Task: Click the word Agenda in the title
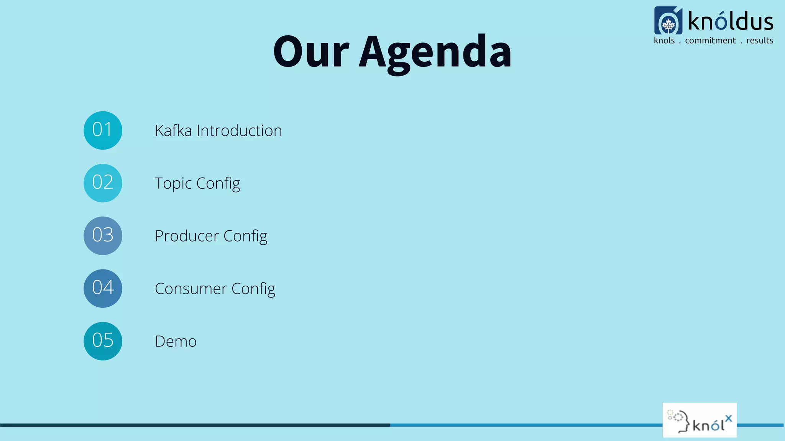(435, 52)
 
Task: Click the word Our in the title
(311, 52)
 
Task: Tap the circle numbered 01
(103, 130)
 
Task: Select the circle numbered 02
(103, 183)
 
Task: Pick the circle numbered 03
(103, 235)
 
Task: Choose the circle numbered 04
(103, 288)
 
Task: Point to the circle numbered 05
(103, 341)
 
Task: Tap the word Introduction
(239, 131)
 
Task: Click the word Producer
(187, 236)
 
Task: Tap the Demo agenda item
(176, 341)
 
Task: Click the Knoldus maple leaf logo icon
(668, 21)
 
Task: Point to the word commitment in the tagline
(710, 41)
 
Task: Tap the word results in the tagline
(759, 41)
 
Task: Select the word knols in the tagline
(664, 41)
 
